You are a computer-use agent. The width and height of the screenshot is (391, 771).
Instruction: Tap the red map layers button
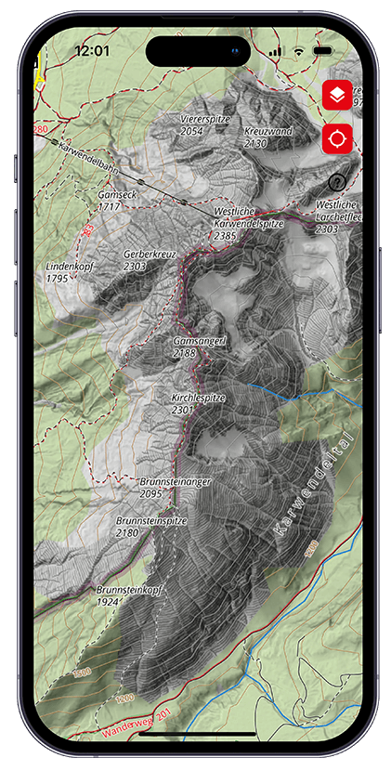tap(337, 96)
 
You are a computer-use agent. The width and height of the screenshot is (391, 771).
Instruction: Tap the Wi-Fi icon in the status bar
tap(298, 51)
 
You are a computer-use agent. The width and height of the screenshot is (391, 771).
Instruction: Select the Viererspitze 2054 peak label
tap(204, 125)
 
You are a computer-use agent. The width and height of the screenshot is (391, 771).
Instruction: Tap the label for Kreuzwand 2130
tap(267, 137)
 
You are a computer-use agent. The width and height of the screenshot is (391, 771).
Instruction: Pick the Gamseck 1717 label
tap(116, 201)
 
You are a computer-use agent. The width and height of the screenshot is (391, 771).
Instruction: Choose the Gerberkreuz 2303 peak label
tap(148, 259)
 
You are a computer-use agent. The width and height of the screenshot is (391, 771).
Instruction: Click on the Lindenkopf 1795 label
tap(71, 271)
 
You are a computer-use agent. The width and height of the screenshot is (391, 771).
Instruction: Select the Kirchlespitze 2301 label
tap(195, 402)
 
